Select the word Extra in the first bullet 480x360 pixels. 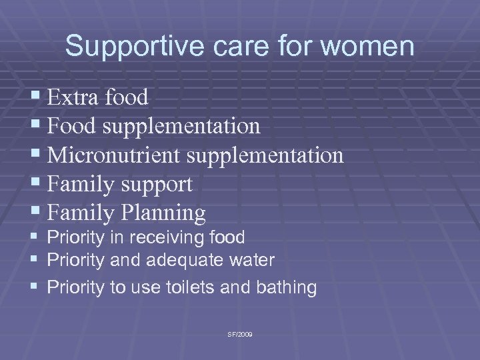tap(73, 98)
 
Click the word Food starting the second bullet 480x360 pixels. tap(72, 127)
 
